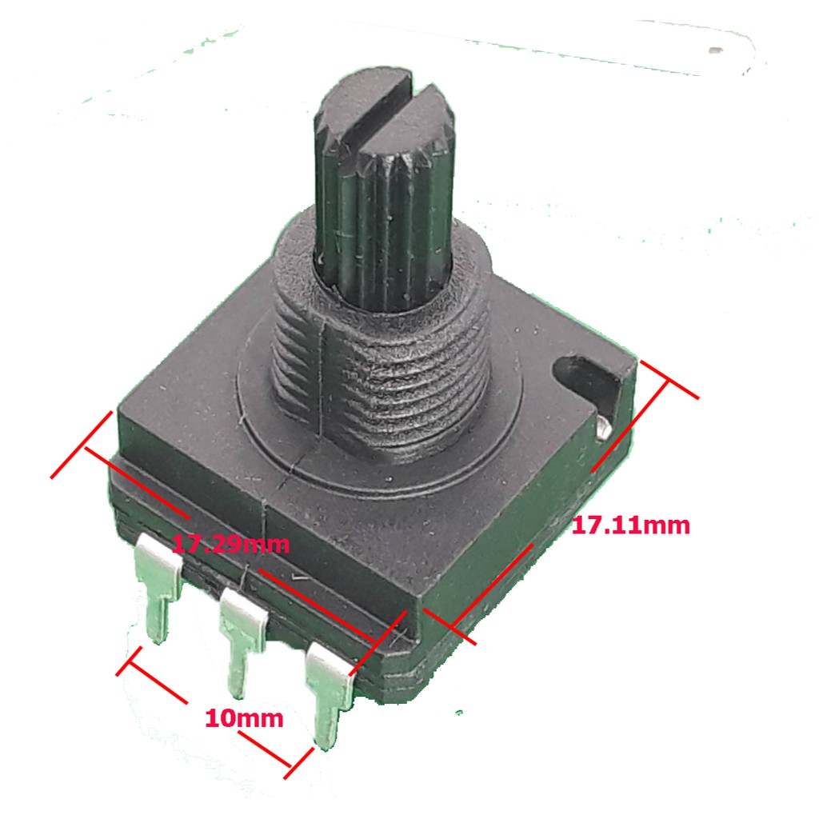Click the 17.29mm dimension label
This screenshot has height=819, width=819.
[230, 544]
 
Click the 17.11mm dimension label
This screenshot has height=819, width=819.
[631, 525]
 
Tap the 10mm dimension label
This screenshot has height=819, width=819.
[244, 718]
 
